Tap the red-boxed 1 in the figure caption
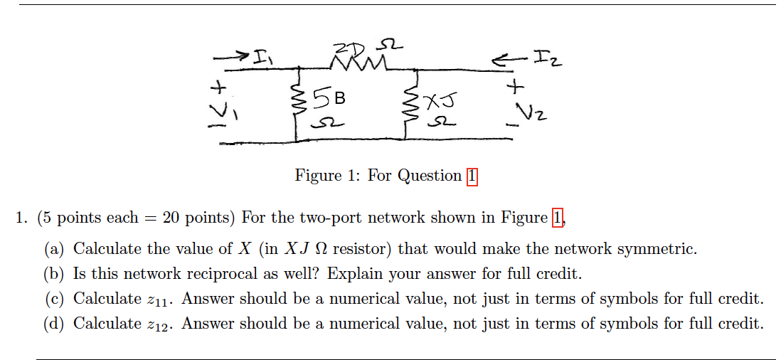472,176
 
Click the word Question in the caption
429,176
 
